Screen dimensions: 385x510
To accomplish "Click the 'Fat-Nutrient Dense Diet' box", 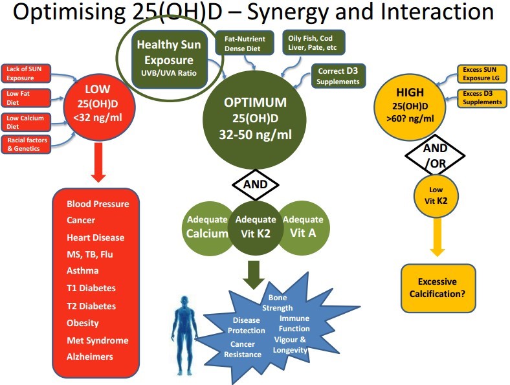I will coord(244,43).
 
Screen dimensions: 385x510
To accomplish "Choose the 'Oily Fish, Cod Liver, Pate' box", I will coord(315,43).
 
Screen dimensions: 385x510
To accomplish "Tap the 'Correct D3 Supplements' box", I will coord(338,77).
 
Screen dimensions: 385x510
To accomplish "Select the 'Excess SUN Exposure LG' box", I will coord(480,73).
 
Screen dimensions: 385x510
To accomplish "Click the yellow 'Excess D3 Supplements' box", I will coord(480,98).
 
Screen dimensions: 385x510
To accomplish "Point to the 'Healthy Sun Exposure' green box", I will coord(169,59).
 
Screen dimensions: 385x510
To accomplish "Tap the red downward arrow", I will coord(98,163).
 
